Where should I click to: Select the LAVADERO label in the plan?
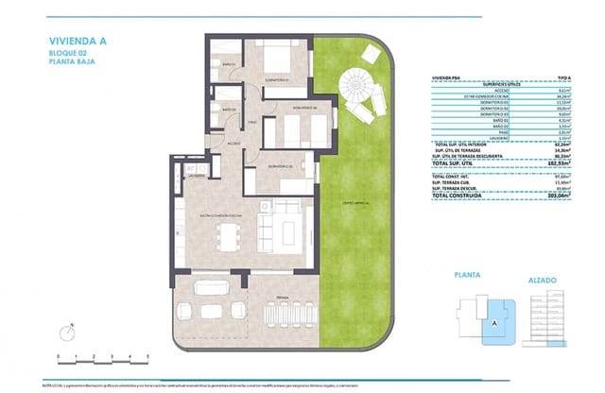point(196,177)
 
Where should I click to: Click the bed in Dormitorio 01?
point(280,59)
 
